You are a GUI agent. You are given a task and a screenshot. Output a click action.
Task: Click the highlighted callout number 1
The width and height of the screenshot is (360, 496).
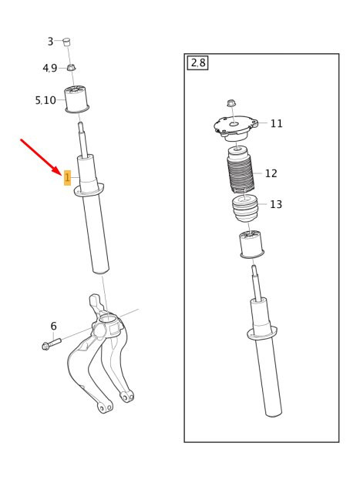coord(67,178)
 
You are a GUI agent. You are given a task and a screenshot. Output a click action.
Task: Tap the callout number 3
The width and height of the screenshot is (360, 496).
coord(50,42)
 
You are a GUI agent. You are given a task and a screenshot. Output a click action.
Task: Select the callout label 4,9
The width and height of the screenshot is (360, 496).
coord(49,68)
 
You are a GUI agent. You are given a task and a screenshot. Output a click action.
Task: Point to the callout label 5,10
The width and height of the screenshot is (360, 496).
coord(45,100)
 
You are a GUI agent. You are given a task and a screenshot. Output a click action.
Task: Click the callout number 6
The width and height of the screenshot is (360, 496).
coord(53,326)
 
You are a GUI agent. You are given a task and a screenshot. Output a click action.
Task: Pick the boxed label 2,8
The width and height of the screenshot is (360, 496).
coord(198,63)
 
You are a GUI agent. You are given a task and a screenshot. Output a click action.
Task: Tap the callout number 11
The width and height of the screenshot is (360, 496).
coord(276,123)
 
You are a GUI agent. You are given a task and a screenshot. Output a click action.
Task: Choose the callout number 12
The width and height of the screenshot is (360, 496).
coord(271,173)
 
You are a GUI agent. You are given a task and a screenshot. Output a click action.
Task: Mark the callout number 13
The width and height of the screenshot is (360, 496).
coord(276,204)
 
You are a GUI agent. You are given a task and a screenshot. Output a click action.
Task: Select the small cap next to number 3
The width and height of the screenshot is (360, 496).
coord(66,42)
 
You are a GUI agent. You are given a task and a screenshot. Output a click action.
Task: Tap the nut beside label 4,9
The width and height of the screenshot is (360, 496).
coord(72,67)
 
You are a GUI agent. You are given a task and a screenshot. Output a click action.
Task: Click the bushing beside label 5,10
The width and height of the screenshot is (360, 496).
coord(76,99)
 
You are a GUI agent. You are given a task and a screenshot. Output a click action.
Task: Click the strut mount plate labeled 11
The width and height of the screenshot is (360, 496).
coord(236,128)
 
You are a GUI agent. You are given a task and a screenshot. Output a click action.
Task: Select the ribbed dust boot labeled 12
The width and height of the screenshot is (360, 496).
coord(241,170)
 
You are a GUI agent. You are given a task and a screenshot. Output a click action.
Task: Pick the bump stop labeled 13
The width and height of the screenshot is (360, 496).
coord(245,209)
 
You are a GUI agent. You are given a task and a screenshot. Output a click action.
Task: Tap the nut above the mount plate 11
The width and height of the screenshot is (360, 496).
coord(230,102)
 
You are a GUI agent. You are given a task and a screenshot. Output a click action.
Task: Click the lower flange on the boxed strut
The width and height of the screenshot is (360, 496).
coord(262,333)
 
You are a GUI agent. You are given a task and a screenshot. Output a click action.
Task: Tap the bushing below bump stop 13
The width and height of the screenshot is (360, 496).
coord(252,244)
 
